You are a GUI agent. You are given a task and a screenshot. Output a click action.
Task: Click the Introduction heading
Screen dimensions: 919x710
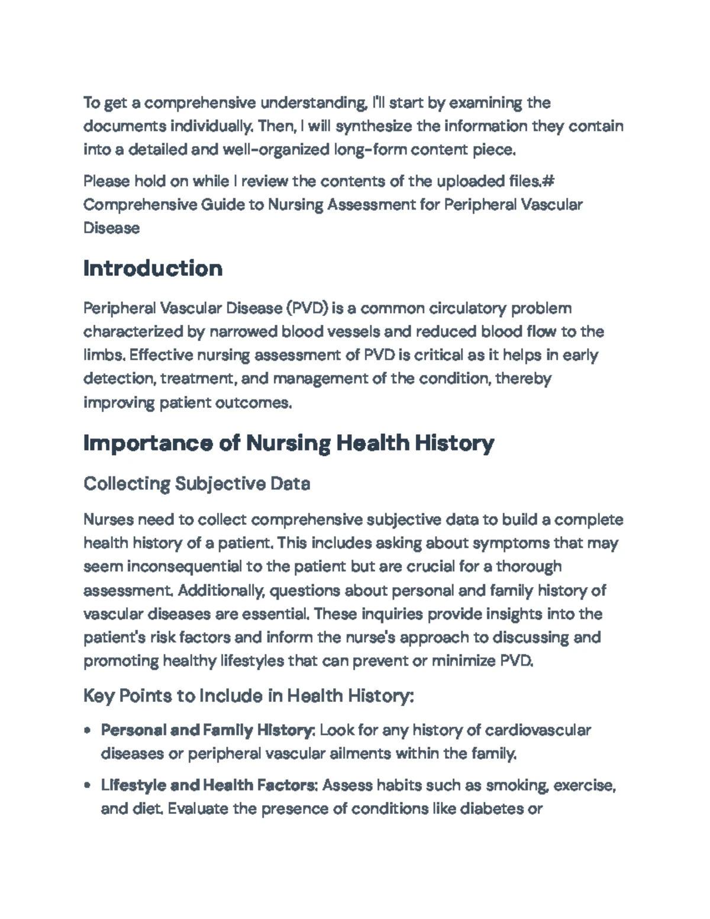[x=153, y=269]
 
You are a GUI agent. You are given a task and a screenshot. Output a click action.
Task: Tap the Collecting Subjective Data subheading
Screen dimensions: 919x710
[x=196, y=483]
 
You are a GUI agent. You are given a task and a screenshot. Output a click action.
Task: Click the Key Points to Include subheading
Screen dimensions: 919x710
[x=248, y=695]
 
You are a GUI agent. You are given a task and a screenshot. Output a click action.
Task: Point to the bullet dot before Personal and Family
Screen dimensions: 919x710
[x=88, y=731]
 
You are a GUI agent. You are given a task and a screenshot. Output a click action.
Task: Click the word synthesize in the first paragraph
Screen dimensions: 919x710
[x=373, y=127]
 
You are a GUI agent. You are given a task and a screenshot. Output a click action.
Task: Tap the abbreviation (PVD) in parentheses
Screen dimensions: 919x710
[x=307, y=308]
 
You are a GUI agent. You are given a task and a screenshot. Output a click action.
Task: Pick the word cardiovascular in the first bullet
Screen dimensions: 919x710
[x=537, y=730]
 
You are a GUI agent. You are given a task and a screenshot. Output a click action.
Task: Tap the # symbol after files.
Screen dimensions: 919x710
[x=544, y=181]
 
